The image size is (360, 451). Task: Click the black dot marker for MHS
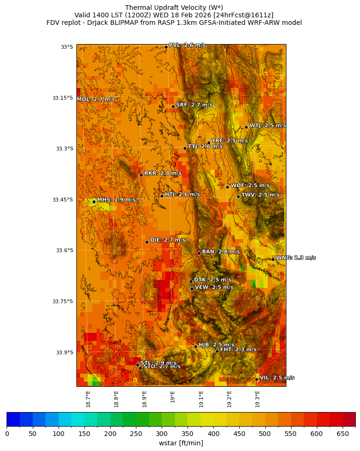pyautogui.click(x=94, y=202)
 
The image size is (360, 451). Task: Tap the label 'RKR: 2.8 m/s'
pyautogui.click(x=163, y=173)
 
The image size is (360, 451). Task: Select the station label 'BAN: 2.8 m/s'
pyautogui.click(x=220, y=252)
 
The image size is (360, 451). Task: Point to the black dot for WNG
pyautogui.click(x=273, y=259)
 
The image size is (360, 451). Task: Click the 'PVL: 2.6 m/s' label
pyautogui.click(x=187, y=45)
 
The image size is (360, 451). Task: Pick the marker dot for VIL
pyautogui.click(x=257, y=379)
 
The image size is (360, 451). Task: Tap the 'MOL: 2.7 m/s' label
pyautogui.click(x=96, y=99)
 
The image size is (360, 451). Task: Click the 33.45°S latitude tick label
pyautogui.click(x=62, y=200)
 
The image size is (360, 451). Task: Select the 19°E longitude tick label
pyautogui.click(x=173, y=397)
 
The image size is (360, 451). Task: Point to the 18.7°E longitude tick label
pyautogui.click(x=88, y=398)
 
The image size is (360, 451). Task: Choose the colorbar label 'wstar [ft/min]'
pyautogui.click(x=181, y=443)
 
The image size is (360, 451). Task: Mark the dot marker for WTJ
pyautogui.click(x=246, y=127)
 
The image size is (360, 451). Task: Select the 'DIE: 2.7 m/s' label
pyautogui.click(x=167, y=240)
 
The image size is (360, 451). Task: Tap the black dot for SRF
pyautogui.click(x=173, y=106)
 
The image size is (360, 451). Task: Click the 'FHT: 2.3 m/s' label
pyautogui.click(x=238, y=350)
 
